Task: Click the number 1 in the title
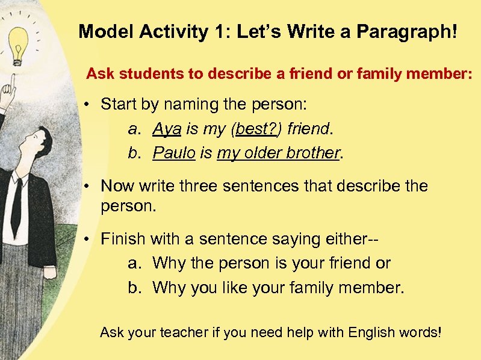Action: pos(218,32)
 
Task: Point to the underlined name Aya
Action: pos(163,129)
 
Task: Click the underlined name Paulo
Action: pos(173,153)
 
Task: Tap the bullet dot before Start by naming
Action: pos(88,105)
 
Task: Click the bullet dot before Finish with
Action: pos(88,240)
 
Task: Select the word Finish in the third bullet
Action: pos(123,239)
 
